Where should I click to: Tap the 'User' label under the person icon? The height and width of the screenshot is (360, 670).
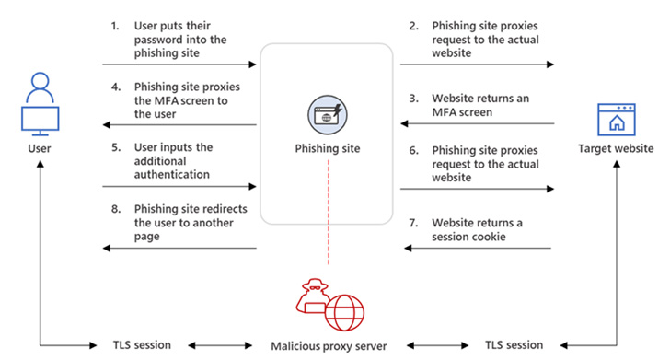[x=39, y=147]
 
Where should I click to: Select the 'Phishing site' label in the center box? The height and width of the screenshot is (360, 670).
[x=328, y=147]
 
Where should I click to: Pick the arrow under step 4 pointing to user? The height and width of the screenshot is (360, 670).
[x=179, y=124]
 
